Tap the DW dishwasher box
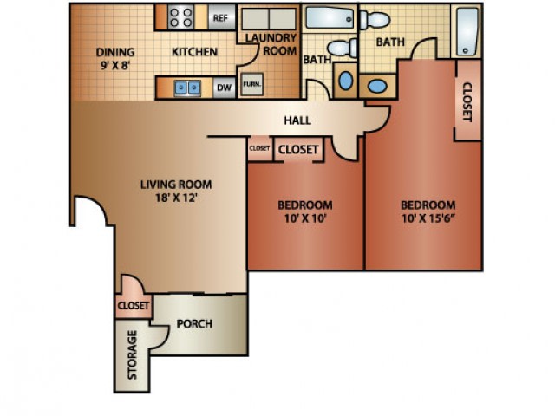(224, 88)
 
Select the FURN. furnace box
(252, 84)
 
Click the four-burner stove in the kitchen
(181, 17)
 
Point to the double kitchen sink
(187, 88)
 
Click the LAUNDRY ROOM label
(271, 44)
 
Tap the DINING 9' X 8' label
(115, 58)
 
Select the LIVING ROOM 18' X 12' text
(176, 191)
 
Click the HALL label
(297, 120)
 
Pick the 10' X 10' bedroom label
(304, 211)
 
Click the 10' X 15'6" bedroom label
(428, 211)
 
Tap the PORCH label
(194, 323)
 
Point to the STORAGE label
(132, 354)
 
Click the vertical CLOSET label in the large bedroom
(467, 102)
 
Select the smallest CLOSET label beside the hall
(259, 148)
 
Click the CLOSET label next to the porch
(134, 305)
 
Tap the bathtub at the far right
(467, 31)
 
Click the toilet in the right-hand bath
(375, 20)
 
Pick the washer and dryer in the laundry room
(269, 19)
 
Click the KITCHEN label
(194, 52)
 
